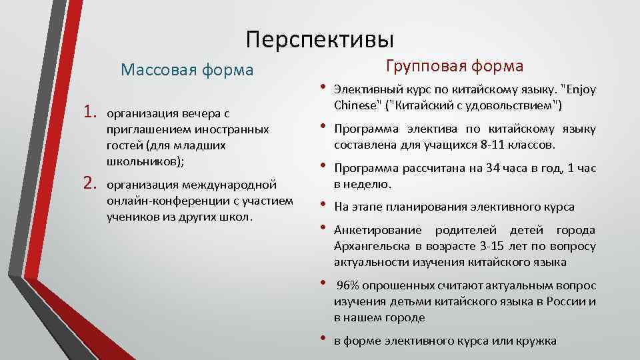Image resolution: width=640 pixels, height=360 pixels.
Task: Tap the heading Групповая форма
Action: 455,66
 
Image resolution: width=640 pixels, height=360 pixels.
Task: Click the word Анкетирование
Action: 378,231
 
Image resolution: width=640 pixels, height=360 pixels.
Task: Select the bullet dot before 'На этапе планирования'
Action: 321,204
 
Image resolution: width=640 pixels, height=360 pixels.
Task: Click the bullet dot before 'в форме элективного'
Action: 321,339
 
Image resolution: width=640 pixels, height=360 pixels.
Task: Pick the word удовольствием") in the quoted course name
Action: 519,105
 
